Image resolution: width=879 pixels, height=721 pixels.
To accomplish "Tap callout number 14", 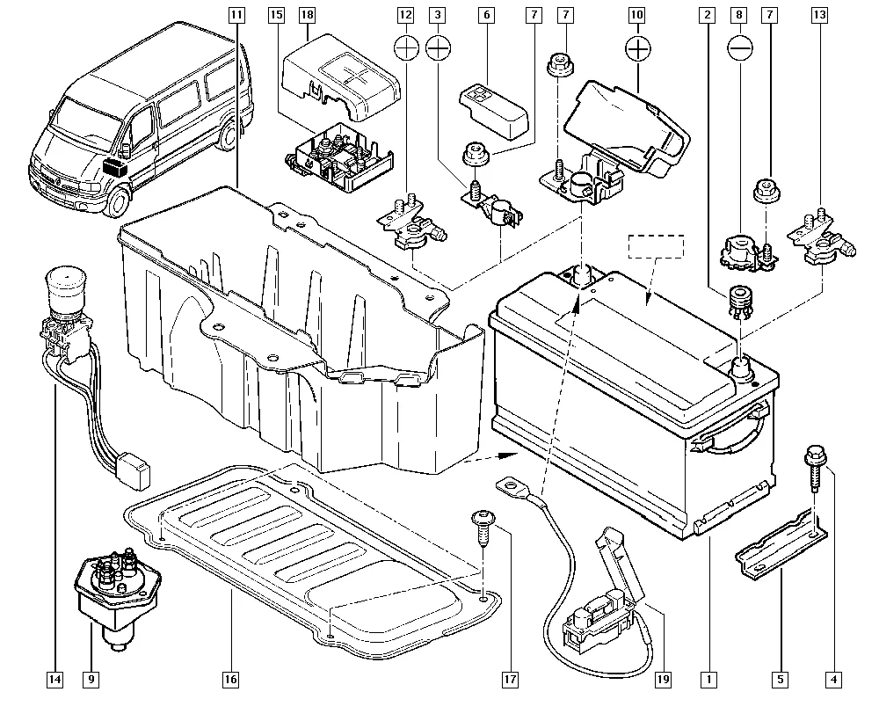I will pyautogui.click(x=55, y=679).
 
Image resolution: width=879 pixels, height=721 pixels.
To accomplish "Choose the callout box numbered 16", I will pyautogui.click(x=230, y=679).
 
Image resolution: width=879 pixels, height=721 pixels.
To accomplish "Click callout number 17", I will pyautogui.click(x=509, y=679).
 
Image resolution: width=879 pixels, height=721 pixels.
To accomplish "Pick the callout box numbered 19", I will pyautogui.click(x=663, y=679).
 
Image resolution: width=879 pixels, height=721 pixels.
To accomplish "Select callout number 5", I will pyautogui.click(x=781, y=679).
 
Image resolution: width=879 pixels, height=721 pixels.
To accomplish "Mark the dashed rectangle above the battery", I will pyautogui.click(x=655, y=245).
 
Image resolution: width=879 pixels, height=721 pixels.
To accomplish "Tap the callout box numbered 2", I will pyautogui.click(x=705, y=15).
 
